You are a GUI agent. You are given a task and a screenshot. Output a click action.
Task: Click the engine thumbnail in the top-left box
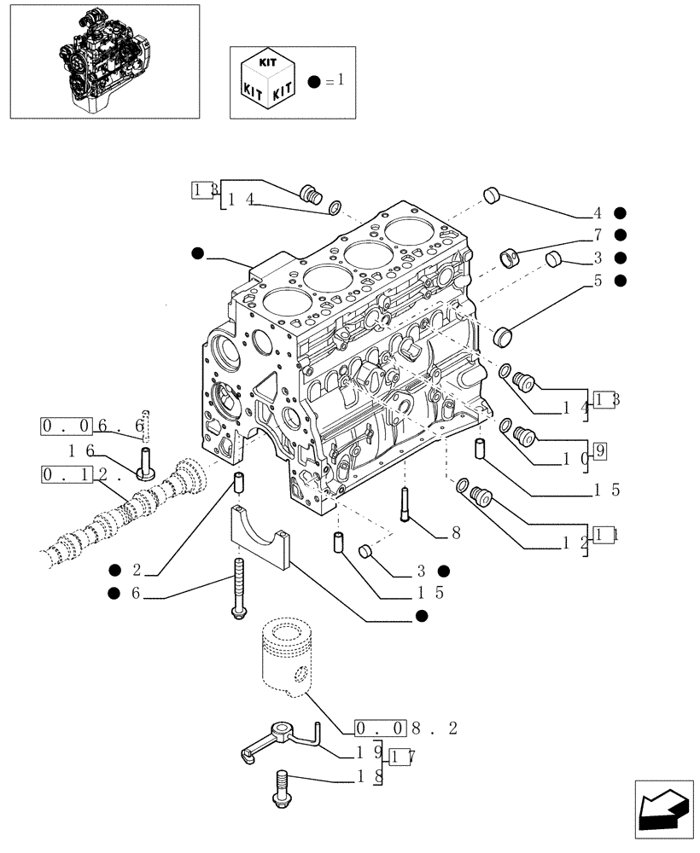tap(102, 61)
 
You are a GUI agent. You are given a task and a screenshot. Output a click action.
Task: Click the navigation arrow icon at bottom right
tap(659, 806)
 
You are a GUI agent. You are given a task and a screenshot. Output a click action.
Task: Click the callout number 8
tap(456, 533)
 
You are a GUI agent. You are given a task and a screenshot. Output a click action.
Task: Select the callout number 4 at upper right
tap(598, 213)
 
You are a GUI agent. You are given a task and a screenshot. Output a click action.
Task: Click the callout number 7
tap(598, 235)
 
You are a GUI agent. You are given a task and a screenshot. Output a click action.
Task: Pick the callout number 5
tap(598, 279)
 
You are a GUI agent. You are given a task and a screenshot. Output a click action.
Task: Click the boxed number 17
tap(401, 756)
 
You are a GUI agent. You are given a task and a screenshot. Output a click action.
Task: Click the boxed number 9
tap(599, 451)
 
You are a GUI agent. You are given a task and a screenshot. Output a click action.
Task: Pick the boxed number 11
tap(606, 535)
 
